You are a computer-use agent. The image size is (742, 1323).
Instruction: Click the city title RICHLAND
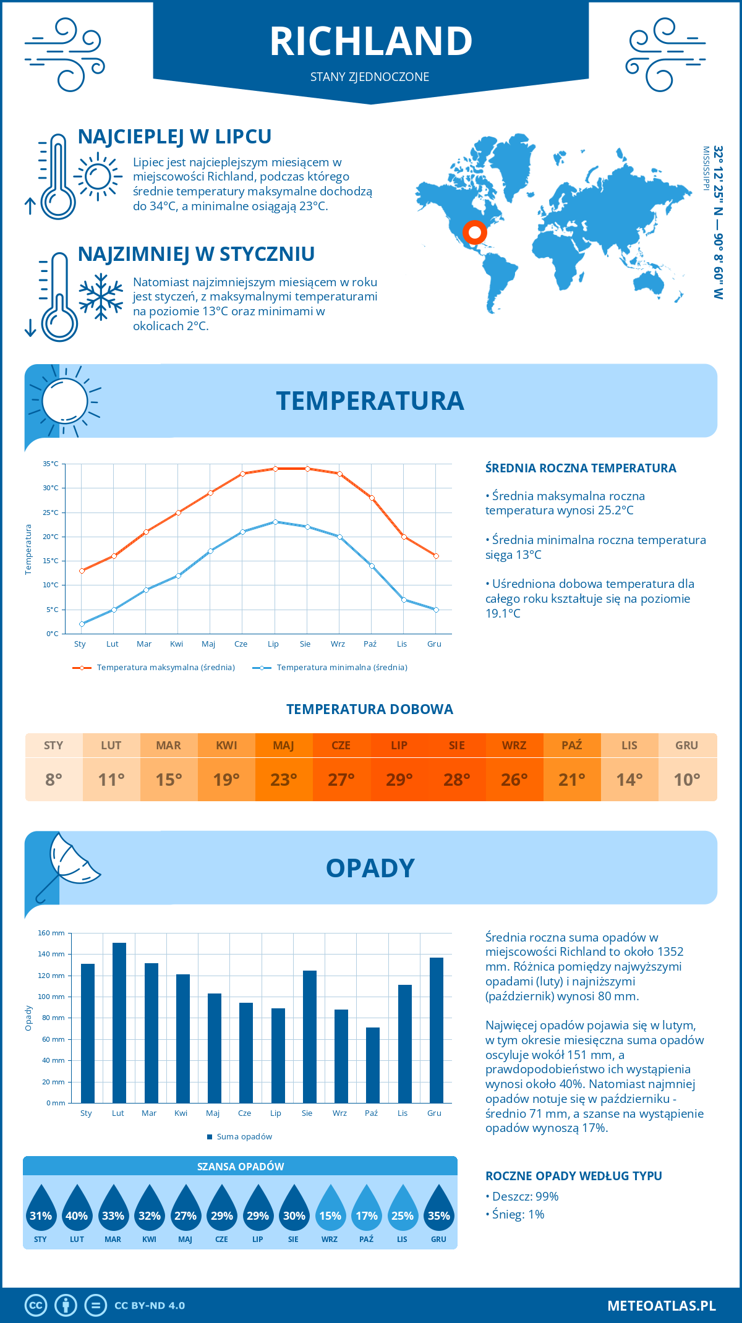click(371, 41)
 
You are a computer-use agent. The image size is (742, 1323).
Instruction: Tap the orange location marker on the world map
click(475, 232)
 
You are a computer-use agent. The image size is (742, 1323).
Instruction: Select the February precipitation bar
click(119, 1023)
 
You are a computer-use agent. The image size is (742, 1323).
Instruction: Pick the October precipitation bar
click(372, 1065)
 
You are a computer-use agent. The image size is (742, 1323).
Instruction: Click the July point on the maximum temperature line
click(275, 469)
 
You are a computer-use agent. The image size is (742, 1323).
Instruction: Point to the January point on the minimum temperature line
click(82, 624)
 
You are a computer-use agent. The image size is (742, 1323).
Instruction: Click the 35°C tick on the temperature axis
click(51, 464)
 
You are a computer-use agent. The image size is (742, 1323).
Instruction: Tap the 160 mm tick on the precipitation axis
click(52, 933)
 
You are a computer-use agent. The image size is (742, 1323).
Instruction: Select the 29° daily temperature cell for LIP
click(399, 780)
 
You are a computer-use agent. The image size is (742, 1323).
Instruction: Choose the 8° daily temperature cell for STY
click(54, 780)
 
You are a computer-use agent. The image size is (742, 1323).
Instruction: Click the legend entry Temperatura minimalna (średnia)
click(341, 668)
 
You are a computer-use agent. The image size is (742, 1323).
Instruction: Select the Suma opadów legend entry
click(244, 1137)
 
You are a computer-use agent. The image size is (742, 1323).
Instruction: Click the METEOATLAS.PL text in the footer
click(662, 1306)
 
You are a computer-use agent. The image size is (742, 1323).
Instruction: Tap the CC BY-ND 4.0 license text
click(150, 1306)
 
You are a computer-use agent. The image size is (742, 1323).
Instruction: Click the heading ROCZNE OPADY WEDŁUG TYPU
click(573, 1176)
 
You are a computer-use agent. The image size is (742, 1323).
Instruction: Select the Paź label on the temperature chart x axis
click(370, 644)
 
